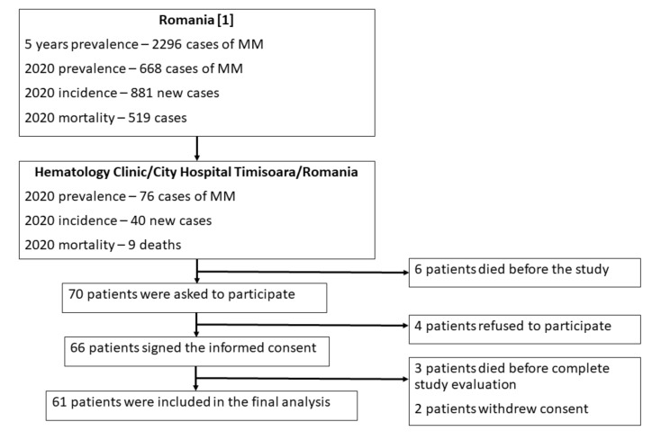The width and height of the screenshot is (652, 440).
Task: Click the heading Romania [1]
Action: coord(196,20)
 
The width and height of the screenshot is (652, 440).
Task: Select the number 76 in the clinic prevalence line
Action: coord(147,196)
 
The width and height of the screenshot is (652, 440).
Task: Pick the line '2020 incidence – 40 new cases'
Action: coord(118,220)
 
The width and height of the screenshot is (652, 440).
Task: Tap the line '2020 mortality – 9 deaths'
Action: coord(103,245)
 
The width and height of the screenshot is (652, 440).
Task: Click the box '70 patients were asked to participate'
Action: coord(195,298)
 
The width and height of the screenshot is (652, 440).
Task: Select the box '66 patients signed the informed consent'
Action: coord(196,352)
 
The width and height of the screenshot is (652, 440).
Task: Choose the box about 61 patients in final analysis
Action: coord(201,406)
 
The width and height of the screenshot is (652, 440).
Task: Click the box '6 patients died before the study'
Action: coord(525,273)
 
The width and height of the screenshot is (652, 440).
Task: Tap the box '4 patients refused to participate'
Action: coord(525,329)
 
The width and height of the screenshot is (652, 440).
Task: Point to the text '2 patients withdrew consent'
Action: coord(501,409)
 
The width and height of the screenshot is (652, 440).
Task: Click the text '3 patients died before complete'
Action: coord(512,368)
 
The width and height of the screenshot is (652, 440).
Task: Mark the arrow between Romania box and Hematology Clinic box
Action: coord(196,148)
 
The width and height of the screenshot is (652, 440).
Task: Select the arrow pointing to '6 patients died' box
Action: coord(303,272)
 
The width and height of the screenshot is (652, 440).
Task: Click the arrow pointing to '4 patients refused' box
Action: coord(303,326)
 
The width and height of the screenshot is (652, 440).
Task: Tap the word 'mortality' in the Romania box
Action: coord(86,118)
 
